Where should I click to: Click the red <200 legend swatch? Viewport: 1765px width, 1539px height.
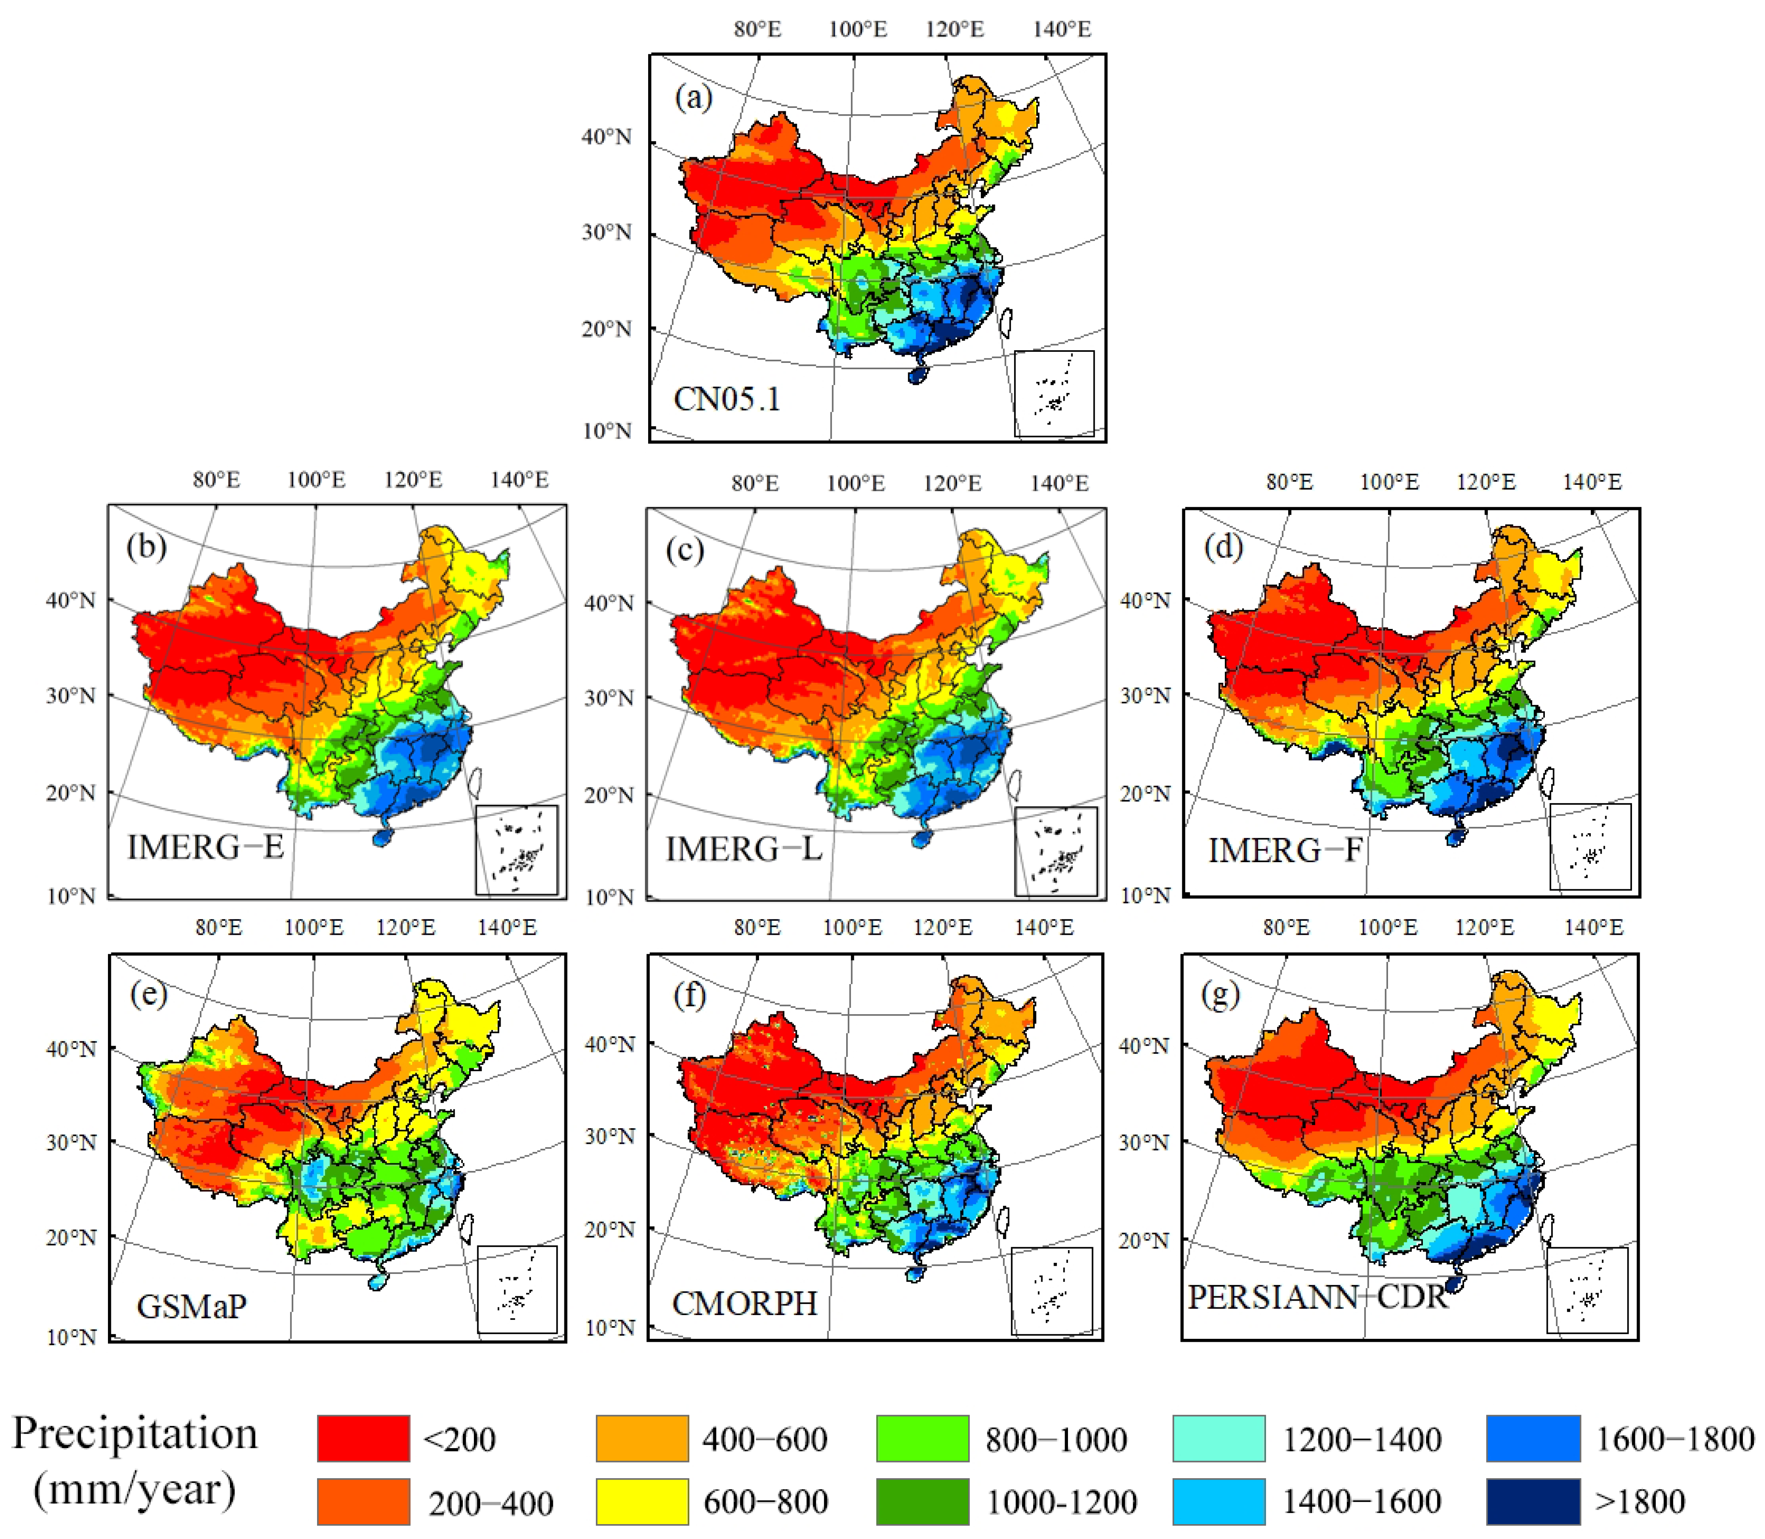[x=363, y=1439]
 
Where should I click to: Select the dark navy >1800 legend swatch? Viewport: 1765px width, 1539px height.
[x=1533, y=1501]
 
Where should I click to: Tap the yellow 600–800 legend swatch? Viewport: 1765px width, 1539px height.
[x=643, y=1501]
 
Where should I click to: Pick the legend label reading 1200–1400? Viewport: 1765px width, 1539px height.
[x=1362, y=1440]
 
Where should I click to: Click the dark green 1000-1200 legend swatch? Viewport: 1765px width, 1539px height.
[x=922, y=1501]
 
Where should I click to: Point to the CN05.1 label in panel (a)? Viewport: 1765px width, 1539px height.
[x=727, y=399]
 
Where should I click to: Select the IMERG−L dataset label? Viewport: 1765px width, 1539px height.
[x=744, y=849]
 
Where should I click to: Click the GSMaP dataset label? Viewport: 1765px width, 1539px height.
[x=192, y=1307]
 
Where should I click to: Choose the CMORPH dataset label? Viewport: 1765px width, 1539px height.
[x=744, y=1304]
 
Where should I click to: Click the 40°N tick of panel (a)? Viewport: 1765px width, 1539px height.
[x=606, y=136]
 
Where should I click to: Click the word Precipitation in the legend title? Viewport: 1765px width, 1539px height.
[x=135, y=1433]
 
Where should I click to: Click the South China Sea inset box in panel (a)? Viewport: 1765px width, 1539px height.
[x=1054, y=393]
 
